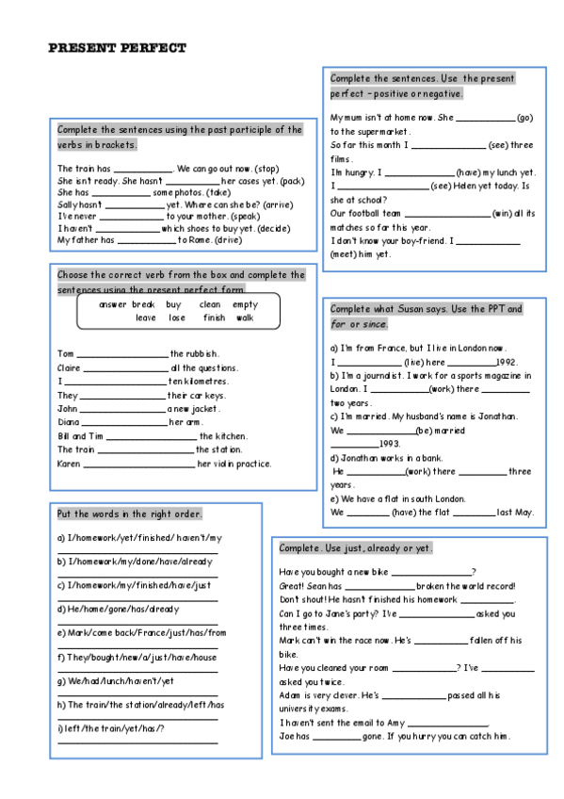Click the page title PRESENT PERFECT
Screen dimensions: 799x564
click(x=117, y=48)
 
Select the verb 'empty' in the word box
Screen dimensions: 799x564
click(x=245, y=304)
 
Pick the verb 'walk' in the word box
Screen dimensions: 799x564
click(x=244, y=318)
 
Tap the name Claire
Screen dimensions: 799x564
click(x=69, y=368)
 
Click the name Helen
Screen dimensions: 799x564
click(x=474, y=187)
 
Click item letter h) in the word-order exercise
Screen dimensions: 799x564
click(x=62, y=704)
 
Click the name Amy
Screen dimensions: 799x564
click(x=394, y=723)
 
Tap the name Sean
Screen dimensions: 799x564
click(x=315, y=585)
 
